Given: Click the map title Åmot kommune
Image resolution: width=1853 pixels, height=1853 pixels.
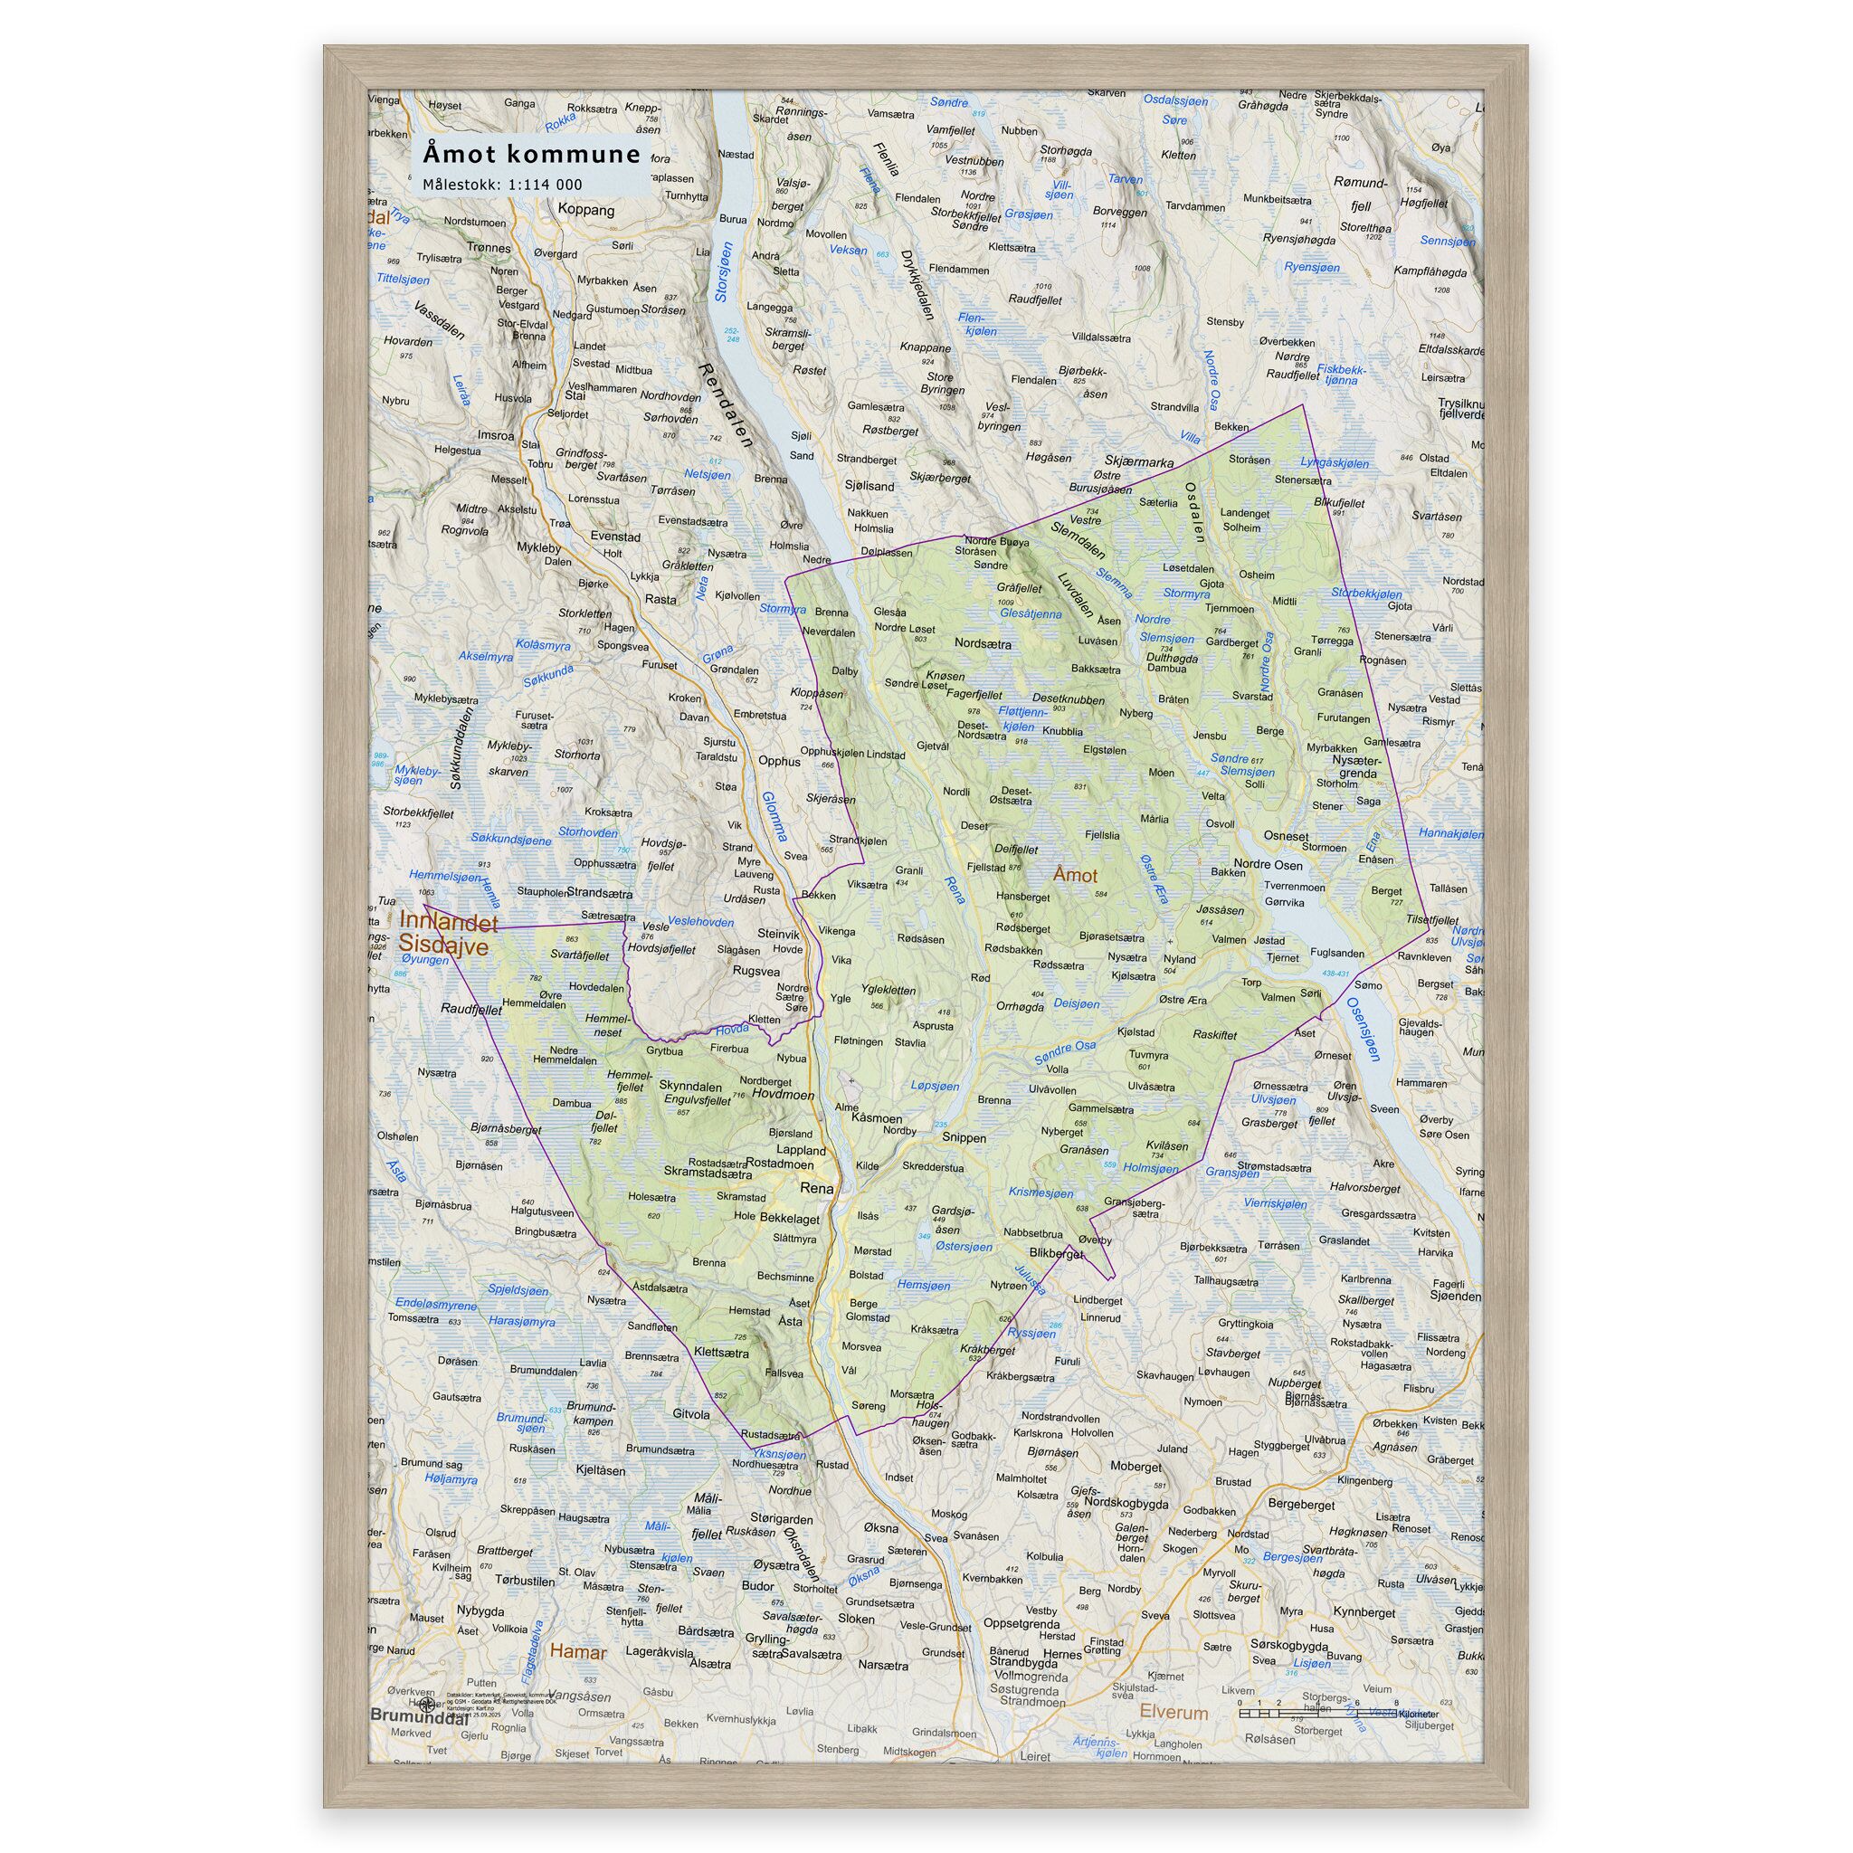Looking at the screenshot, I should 531,155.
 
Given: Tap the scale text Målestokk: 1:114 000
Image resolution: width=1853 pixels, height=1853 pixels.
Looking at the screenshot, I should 501,185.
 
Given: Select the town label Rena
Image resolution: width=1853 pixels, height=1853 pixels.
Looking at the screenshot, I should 817,1188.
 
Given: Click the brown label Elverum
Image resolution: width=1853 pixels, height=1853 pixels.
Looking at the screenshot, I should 1173,1711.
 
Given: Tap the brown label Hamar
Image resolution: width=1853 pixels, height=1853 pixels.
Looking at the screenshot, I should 578,1652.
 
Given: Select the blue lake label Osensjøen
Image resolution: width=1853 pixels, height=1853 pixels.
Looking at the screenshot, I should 1363,1028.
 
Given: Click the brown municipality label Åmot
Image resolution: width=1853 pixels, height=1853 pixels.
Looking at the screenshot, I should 1074,875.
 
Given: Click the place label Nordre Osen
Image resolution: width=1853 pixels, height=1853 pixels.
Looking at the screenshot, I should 1269,865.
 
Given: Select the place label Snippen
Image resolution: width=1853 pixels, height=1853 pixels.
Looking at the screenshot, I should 964,1137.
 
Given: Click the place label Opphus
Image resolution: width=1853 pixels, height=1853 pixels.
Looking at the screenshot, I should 779,762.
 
